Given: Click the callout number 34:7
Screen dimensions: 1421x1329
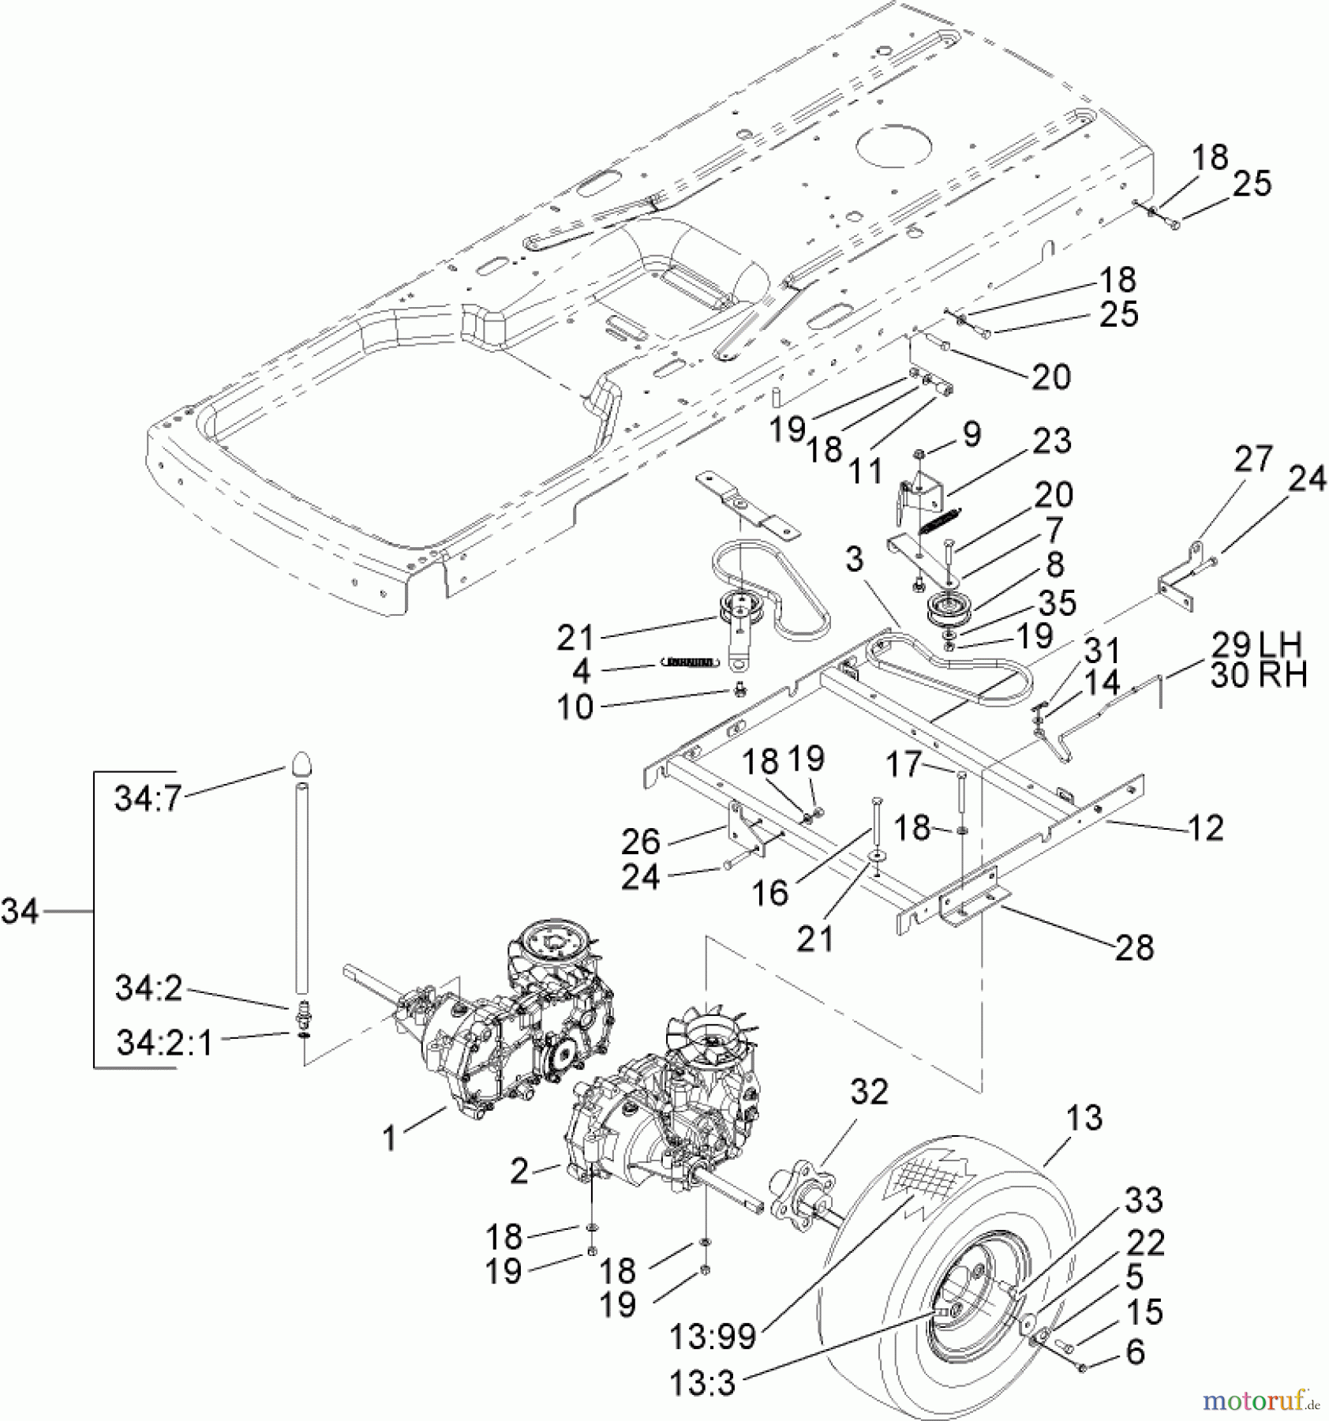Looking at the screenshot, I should [x=148, y=798].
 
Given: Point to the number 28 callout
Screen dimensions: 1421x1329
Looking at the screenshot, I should [x=1135, y=947].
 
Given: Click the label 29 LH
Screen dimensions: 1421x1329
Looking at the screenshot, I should [x=1257, y=645].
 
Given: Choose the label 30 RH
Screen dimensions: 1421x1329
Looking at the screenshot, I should [x=1258, y=675].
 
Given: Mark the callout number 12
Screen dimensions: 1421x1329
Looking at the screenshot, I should [x=1204, y=827].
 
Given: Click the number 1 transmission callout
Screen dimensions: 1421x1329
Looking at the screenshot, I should [x=389, y=1138].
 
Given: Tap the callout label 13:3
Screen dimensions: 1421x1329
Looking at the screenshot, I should [x=702, y=1383].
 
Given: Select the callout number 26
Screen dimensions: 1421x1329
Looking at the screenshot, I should [x=640, y=842].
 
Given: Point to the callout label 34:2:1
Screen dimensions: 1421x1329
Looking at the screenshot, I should [x=164, y=1044].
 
